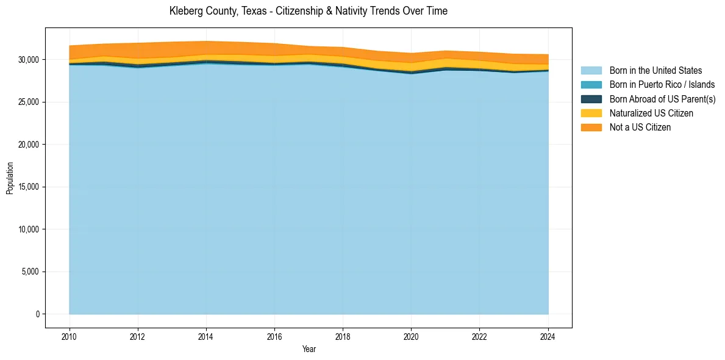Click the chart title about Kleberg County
coord(308,11)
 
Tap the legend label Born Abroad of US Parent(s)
coord(662,99)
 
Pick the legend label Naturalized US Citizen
coord(651,113)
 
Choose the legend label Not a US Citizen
coord(640,128)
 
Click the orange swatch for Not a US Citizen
coord(591,128)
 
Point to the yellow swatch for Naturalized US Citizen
coord(591,113)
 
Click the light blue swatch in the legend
coord(591,71)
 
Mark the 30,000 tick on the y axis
coord(28,60)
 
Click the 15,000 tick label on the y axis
coord(28,187)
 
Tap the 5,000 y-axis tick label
coord(30,272)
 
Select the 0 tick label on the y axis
coord(37,314)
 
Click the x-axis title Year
coord(309,349)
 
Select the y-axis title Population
coord(10,178)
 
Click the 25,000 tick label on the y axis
coord(28,102)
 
